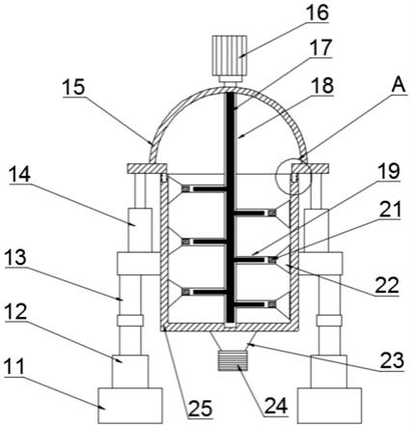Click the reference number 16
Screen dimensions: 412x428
pyautogui.click(x=317, y=12)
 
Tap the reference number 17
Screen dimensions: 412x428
pyautogui.click(x=320, y=47)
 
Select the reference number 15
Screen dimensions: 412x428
pyautogui.click(x=73, y=87)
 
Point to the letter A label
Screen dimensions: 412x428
pyautogui.click(x=399, y=86)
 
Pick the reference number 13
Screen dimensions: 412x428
pyautogui.click(x=15, y=257)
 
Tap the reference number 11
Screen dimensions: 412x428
pyautogui.click(x=14, y=366)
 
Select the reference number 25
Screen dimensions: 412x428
pyautogui.click(x=201, y=409)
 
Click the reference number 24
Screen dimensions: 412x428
pyautogui.click(x=276, y=406)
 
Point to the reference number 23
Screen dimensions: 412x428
pyautogui.click(x=392, y=360)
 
